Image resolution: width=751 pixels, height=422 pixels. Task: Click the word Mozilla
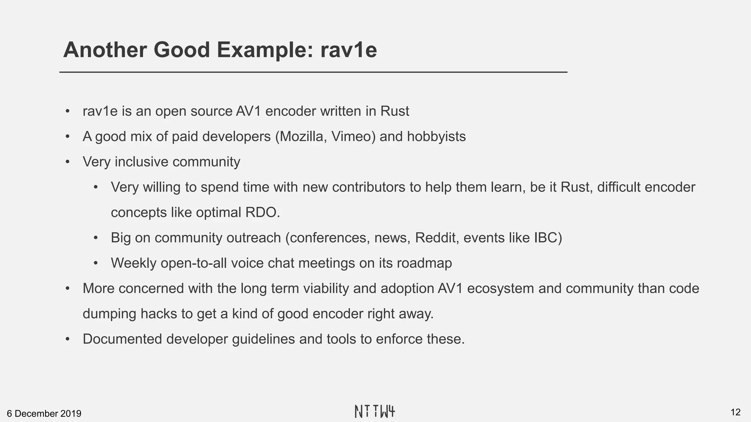pos(303,137)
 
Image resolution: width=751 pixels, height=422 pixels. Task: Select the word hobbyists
pos(436,137)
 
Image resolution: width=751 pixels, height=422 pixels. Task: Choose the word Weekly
pos(133,263)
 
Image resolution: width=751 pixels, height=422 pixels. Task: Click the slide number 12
pos(735,412)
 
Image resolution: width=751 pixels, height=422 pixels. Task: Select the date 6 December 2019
pos(44,414)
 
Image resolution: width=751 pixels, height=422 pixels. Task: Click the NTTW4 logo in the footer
pos(375,411)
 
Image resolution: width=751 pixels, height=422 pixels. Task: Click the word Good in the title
pos(182,50)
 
